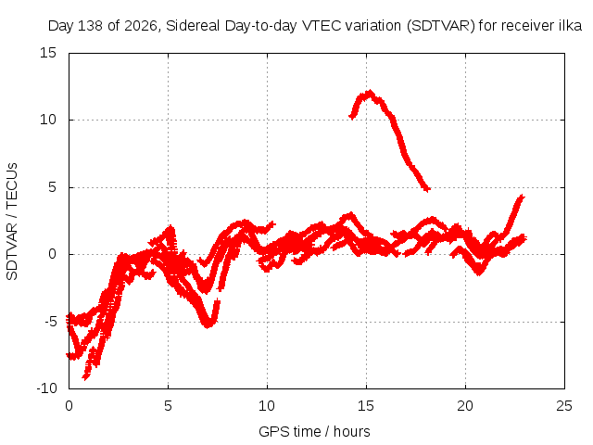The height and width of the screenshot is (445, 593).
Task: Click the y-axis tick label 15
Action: coord(47,53)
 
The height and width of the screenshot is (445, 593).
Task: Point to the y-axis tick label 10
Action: coord(47,120)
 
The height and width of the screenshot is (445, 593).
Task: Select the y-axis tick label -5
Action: coord(50,322)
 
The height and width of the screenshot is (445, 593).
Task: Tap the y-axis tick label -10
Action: coord(46,388)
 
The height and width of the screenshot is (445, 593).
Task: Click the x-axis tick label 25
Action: coord(564,406)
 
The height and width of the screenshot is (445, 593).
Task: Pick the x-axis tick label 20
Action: coord(465,406)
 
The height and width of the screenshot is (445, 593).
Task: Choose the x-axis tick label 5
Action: coord(168,406)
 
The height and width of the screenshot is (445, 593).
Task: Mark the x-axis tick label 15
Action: coord(366,406)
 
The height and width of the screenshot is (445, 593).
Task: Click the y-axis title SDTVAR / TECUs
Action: coord(12,222)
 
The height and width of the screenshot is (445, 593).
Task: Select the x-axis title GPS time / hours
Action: coord(314,431)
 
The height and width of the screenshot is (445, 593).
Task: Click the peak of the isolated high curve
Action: coord(370,92)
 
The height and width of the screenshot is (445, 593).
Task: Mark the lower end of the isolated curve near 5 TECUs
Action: coord(427,188)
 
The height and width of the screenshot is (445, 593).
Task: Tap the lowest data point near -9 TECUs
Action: coord(85,377)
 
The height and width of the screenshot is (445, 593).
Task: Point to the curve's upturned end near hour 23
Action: coord(522,197)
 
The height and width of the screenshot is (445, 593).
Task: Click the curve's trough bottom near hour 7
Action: coord(208,324)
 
